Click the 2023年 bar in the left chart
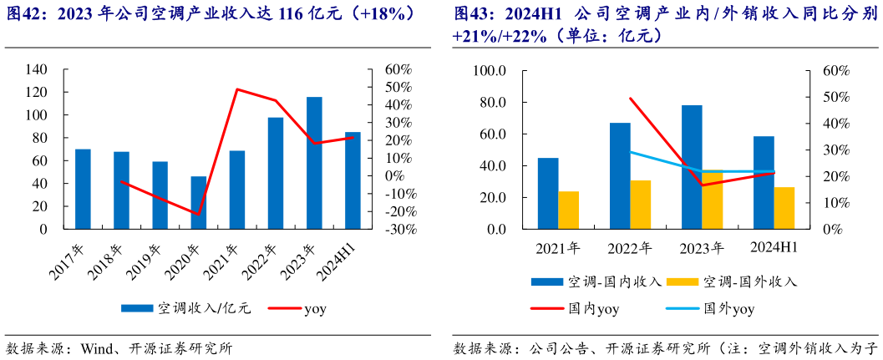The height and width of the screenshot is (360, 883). click(x=314, y=163)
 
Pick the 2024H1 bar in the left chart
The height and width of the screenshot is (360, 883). click(x=353, y=180)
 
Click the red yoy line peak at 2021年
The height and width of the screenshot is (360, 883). click(x=238, y=89)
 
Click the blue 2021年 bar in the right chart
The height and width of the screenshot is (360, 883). click(x=548, y=193)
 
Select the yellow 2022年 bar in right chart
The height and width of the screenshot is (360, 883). click(x=640, y=205)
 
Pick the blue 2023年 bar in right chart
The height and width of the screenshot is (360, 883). click(x=692, y=167)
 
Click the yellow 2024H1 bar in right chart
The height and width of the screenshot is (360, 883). click(x=784, y=208)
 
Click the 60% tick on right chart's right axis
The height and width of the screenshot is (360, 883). click(x=835, y=71)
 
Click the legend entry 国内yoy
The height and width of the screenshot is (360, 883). click(x=593, y=309)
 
